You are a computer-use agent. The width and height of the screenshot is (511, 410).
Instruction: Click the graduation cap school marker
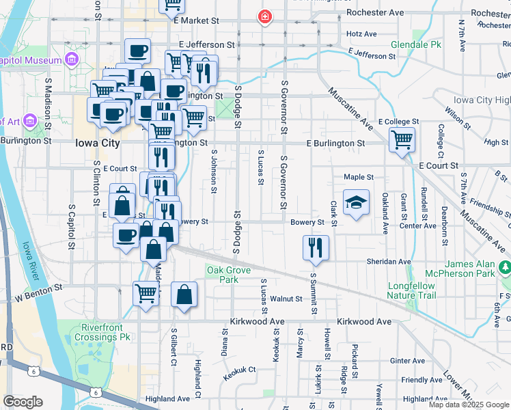(356, 203)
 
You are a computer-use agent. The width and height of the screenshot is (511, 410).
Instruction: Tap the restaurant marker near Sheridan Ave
(315, 247)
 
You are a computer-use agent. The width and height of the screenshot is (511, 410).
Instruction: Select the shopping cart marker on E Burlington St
(402, 139)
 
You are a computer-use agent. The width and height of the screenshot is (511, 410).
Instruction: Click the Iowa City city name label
(96, 143)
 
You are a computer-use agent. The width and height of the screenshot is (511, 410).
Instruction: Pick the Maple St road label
(359, 177)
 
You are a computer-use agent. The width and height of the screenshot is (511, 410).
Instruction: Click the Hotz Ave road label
(362, 33)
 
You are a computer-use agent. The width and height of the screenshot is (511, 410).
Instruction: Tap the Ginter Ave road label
(408, 361)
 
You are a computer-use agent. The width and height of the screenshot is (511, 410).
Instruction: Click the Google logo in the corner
(23, 402)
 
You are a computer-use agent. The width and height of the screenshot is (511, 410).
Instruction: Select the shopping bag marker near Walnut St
(184, 295)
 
